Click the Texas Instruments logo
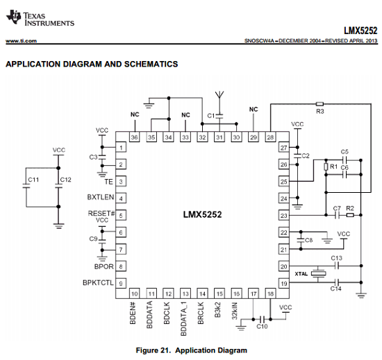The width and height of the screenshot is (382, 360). (x=40, y=18)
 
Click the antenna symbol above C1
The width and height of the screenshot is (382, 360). (x=219, y=95)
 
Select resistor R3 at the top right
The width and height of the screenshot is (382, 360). (x=319, y=104)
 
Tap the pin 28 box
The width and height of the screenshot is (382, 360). (x=270, y=137)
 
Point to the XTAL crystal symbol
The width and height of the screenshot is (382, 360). (x=318, y=274)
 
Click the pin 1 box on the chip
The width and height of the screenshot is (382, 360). (x=121, y=148)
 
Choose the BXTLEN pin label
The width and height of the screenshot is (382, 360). (x=101, y=197)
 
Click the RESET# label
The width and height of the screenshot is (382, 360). (x=101, y=214)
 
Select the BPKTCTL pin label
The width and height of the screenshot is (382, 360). (x=98, y=282)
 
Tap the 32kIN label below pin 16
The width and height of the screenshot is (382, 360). (x=234, y=311)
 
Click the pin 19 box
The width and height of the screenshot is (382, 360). (x=284, y=284)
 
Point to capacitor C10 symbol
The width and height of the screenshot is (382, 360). (x=262, y=319)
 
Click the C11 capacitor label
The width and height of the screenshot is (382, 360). (x=33, y=180)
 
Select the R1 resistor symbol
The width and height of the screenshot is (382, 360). (x=326, y=167)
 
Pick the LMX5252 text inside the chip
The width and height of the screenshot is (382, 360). (x=202, y=214)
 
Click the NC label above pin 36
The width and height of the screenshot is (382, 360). (x=135, y=114)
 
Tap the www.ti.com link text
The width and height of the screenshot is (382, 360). (x=22, y=41)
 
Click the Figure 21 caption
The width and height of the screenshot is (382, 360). (x=192, y=350)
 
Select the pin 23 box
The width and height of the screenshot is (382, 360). (x=284, y=216)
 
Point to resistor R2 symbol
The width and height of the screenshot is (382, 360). (x=350, y=215)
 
